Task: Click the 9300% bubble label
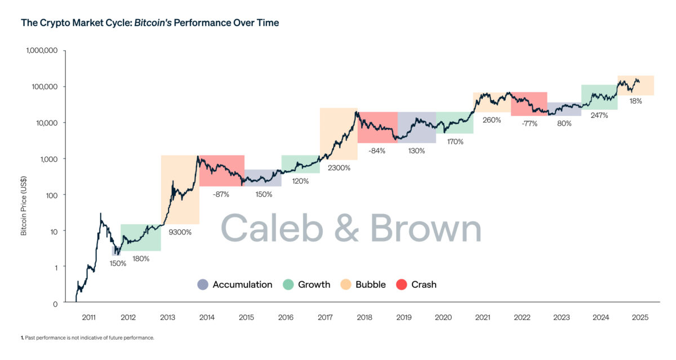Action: point(180,232)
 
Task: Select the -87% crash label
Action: point(221,194)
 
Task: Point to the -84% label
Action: point(377,151)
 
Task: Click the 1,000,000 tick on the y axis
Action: point(42,51)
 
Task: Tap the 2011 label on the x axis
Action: point(88,318)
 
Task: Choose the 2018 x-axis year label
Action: point(364,318)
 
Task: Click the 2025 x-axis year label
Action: point(640,318)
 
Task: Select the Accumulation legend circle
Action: point(203,285)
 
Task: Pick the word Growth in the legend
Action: point(314,285)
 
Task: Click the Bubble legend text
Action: point(370,285)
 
